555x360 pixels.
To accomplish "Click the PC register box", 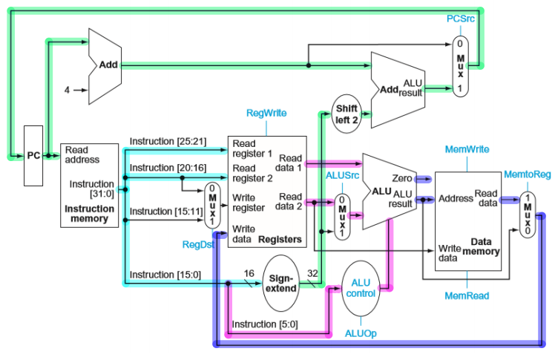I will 34,156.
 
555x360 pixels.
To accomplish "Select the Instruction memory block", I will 89,185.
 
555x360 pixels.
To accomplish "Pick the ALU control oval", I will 361,287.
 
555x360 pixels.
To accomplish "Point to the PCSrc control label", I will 461,17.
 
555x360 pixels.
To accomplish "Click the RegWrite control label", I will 267,113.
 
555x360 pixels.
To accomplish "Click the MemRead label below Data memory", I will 467,295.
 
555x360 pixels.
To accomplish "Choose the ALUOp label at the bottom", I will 361,334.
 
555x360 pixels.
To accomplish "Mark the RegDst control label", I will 195,243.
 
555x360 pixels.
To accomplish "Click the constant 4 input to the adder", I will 66,91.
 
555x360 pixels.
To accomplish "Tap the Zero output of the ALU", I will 404,179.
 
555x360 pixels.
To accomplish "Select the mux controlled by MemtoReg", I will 526,215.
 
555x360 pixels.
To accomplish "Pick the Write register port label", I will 249,202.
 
